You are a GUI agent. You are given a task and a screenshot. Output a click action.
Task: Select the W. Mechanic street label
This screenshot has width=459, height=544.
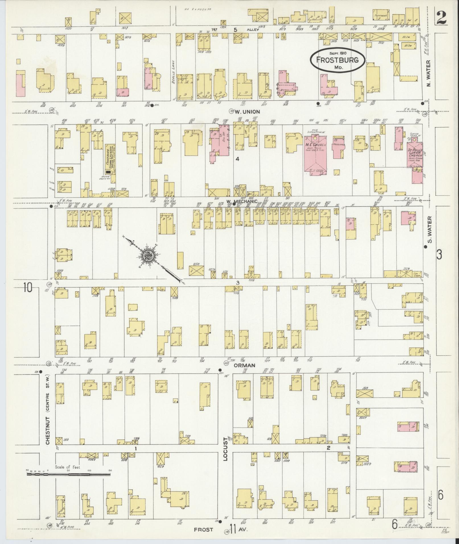242,201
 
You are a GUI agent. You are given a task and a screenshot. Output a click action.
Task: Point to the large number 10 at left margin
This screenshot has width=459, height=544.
28,287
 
